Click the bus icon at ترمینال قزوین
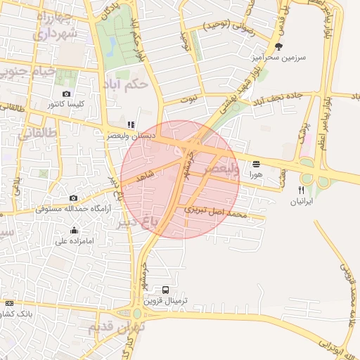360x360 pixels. pos(166,289)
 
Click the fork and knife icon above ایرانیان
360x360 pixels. pos(302,190)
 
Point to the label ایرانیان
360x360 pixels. pos(302,201)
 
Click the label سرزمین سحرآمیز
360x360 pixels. pos(279,59)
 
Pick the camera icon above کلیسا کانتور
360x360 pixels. pos(67,94)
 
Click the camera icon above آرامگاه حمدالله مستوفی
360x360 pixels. pos(74,198)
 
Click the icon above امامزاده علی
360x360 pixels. pos(75,230)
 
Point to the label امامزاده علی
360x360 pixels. pos(75,241)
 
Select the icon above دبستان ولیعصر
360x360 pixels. pos(131,124)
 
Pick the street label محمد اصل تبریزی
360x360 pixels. pos(217,210)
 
